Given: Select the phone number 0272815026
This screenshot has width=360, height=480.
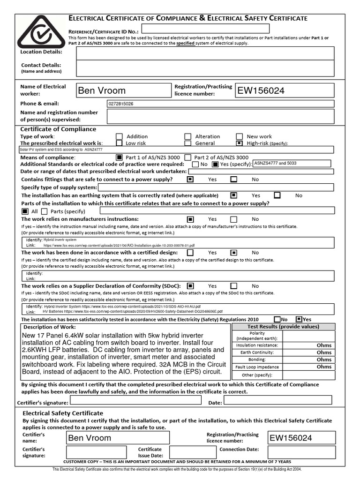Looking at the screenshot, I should [120, 104].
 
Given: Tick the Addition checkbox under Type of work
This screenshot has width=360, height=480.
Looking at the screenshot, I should [119, 136].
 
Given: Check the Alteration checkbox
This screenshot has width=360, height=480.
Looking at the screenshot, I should [187, 136].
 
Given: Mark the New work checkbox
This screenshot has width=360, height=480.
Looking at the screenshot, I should [239, 136].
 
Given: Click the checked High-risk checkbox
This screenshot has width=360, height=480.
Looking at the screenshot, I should [239, 143].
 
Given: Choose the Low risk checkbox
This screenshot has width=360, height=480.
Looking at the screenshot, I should [119, 143].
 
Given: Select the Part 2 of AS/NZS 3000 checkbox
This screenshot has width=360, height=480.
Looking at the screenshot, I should [187, 157].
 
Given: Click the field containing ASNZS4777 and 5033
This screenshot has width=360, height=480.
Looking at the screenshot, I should [292, 164].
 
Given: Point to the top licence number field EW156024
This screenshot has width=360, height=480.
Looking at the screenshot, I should [285, 90].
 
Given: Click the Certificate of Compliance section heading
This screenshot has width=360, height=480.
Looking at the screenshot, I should [59, 129].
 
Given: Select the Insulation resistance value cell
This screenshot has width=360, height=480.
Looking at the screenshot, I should [309, 345].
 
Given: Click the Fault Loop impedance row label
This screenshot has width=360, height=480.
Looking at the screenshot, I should [257, 367].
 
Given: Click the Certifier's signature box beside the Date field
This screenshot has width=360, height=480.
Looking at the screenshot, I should [135, 401].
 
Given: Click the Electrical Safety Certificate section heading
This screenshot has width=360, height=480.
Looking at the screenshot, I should [63, 413].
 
